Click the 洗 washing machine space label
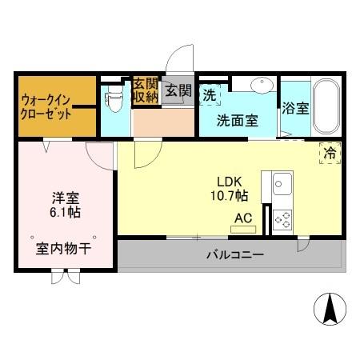209,94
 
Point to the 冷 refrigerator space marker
328,152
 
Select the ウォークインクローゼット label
47,106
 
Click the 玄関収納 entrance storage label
146,90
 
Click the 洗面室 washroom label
238,121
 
